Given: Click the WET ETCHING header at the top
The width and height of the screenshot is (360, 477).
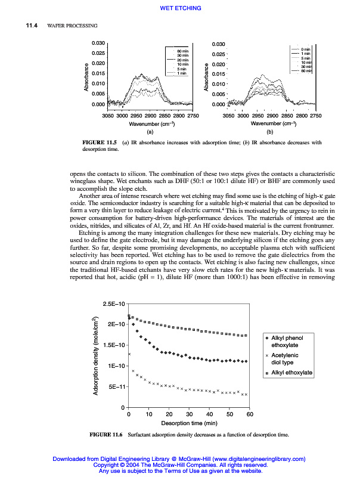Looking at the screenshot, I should (181, 8).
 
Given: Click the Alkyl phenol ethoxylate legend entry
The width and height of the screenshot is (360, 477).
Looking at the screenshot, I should (288, 341).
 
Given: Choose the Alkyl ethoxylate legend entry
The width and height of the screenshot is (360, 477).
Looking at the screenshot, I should (291, 373).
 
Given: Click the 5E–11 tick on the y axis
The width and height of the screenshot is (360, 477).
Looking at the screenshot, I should (116, 386).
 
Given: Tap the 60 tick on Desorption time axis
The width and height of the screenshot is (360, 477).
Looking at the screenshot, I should (250, 414).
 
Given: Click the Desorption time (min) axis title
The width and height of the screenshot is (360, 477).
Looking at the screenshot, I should (189, 422).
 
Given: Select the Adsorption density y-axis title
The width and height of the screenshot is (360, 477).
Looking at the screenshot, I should (95, 355).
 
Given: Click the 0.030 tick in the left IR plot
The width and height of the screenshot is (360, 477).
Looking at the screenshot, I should (98, 44).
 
